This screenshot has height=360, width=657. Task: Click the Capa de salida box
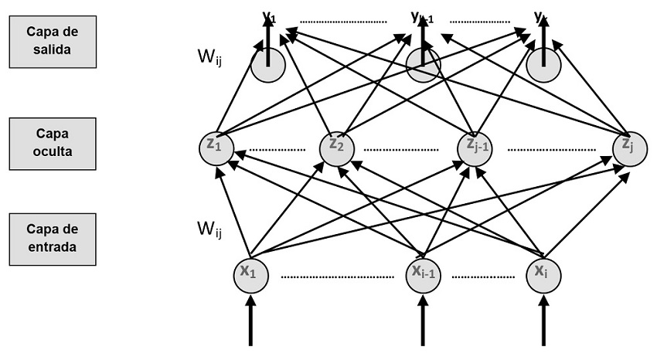point(52,41)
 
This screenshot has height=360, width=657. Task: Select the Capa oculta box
point(52,144)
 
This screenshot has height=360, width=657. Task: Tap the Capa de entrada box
point(52,239)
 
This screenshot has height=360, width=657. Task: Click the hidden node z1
point(216,147)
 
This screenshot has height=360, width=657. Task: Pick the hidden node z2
point(336,147)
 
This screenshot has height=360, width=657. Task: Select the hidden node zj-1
point(474,147)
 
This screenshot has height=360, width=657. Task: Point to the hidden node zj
point(628,147)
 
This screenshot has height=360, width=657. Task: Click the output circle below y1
point(268,66)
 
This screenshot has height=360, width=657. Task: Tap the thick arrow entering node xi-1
point(423,324)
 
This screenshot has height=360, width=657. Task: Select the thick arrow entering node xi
point(543,324)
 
